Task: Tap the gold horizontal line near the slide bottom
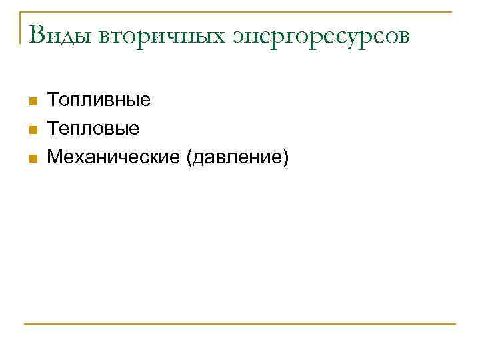click(240, 324)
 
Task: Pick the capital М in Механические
click(55, 157)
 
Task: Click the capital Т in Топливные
click(53, 101)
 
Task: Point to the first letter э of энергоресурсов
click(239, 37)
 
